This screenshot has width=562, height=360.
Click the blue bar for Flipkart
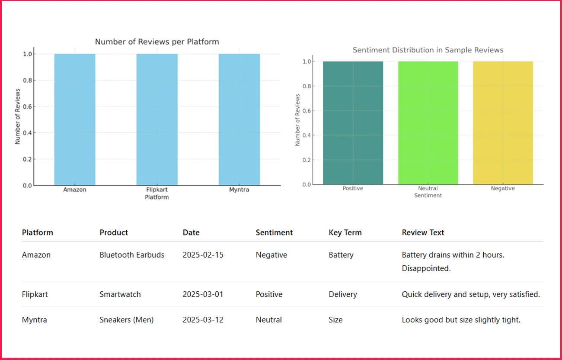click(157, 119)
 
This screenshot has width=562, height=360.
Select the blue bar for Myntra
click(239, 119)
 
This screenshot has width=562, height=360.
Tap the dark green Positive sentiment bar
click(353, 123)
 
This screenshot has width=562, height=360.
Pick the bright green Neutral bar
click(428, 123)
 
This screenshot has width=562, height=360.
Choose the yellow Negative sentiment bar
click(503, 123)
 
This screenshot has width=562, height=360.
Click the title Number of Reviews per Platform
click(157, 42)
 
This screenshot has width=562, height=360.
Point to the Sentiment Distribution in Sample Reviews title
click(428, 50)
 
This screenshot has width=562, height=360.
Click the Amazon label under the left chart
click(75, 190)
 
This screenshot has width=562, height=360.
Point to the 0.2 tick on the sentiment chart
click(307, 160)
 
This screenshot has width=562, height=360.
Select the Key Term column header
click(345, 233)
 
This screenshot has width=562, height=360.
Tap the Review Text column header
click(423, 233)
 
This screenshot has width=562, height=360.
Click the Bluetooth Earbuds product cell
click(132, 255)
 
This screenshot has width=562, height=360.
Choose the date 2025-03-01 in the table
click(203, 295)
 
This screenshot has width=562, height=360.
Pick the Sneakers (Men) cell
click(127, 320)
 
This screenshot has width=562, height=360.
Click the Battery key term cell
click(341, 255)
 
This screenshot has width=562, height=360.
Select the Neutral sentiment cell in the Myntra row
click(268, 320)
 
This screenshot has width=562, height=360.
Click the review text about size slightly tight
click(461, 320)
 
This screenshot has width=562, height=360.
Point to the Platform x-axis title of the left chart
click(157, 197)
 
